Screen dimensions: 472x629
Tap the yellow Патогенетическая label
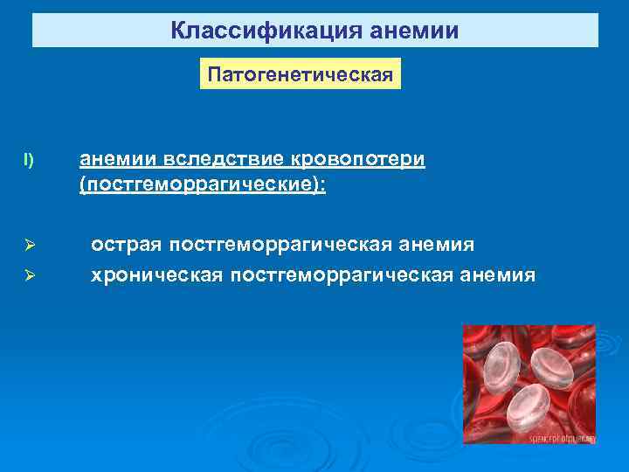(301, 73)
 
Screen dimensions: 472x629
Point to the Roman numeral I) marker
(29, 160)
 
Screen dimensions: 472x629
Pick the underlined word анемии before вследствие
(116, 160)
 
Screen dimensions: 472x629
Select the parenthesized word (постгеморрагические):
(203, 186)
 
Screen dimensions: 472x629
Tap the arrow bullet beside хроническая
(29, 277)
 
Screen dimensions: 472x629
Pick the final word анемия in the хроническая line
(505, 275)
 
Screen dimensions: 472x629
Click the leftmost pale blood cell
(501, 364)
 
